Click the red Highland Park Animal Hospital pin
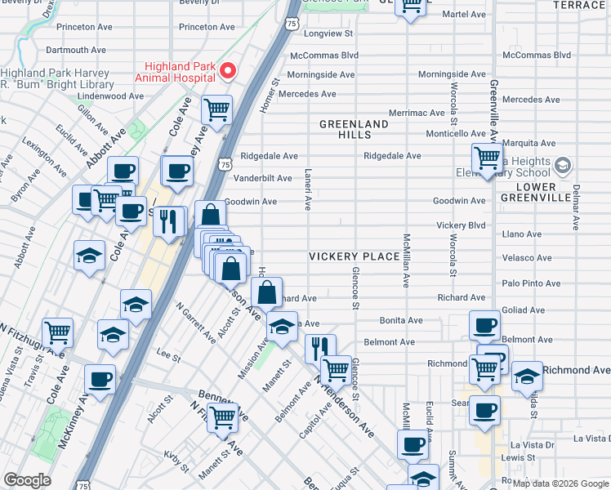tap(228, 71)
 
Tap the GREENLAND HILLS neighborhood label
tap(354, 129)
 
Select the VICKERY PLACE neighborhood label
tap(354, 256)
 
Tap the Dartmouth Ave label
tap(78, 50)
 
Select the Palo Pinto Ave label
tap(532, 283)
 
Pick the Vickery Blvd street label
tap(461, 225)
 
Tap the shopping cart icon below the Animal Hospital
tap(216, 109)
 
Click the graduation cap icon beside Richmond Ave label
tap(527, 376)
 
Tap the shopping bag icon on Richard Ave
tap(267, 292)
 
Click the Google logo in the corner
tap(27, 480)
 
